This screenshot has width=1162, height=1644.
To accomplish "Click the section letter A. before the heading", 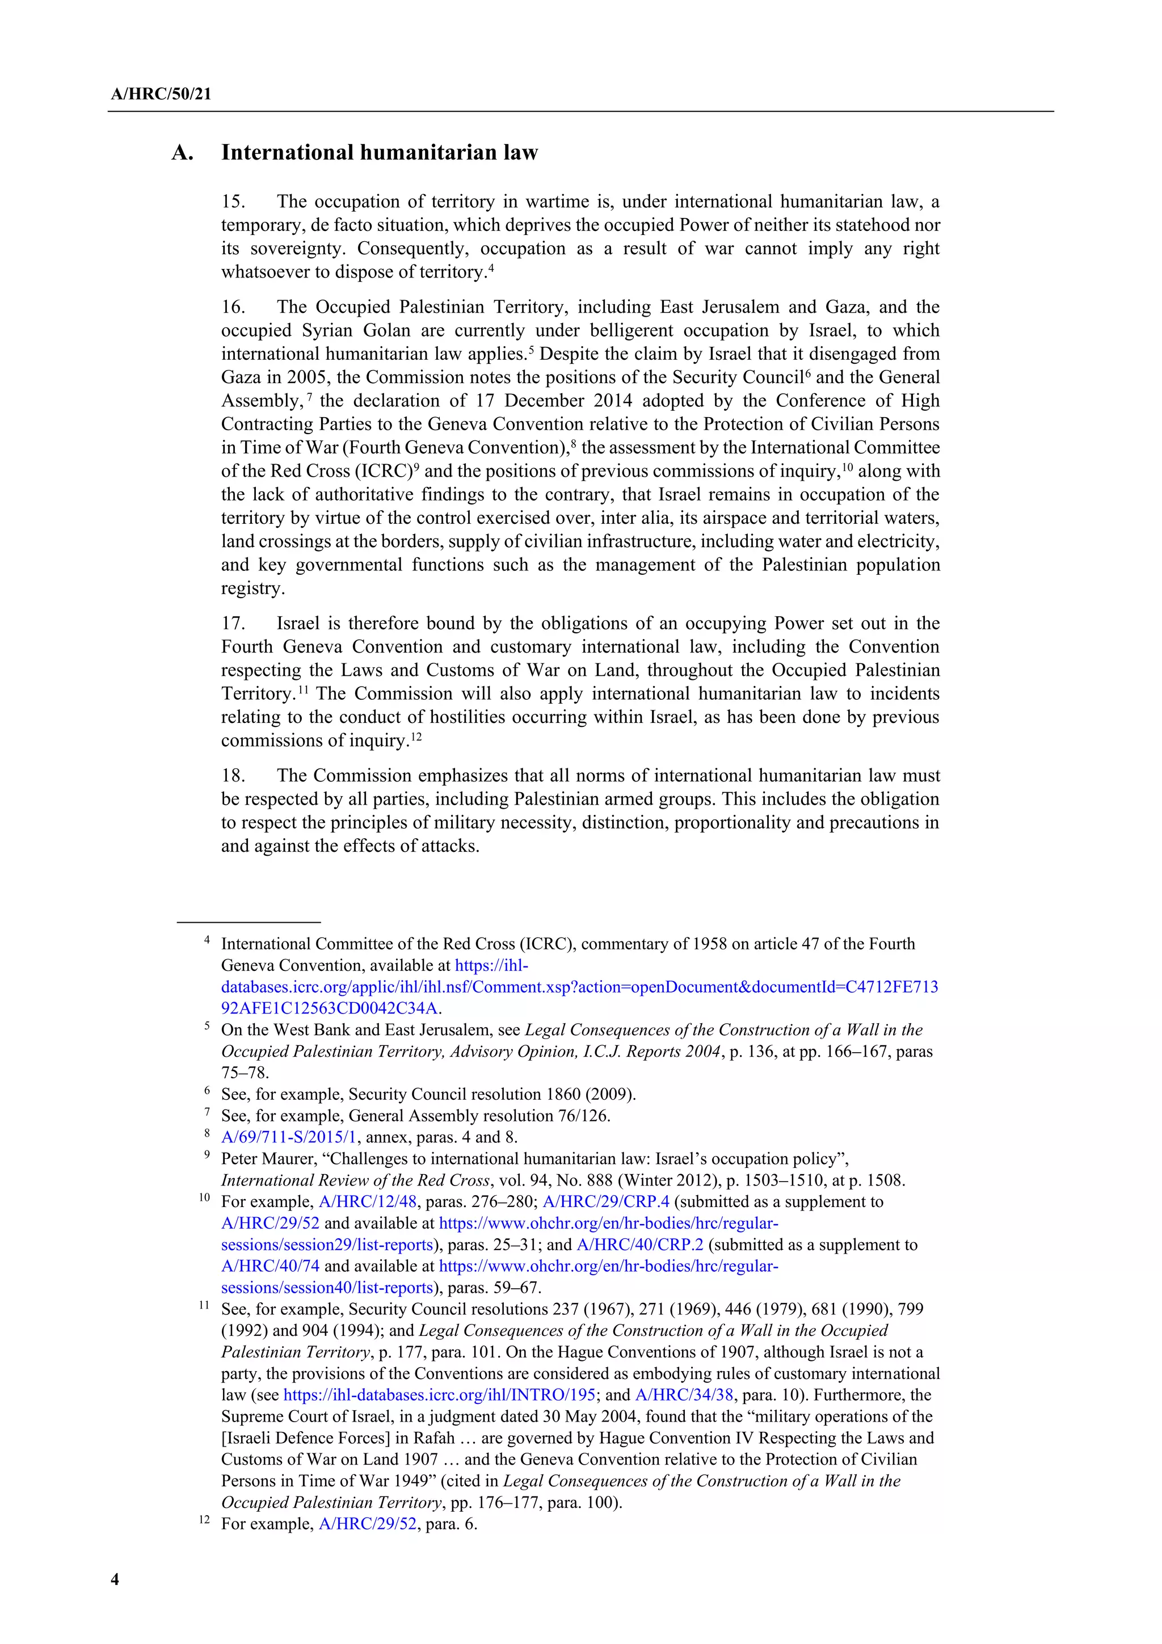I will [183, 153].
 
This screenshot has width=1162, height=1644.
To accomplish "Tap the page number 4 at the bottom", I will [115, 1579].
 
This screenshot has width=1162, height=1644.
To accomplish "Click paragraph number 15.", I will [233, 202].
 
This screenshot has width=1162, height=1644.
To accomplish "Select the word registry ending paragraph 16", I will [251, 588].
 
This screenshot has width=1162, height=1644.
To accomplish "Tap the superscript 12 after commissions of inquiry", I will [415, 736].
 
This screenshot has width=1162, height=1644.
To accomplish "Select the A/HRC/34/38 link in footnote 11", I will [684, 1395].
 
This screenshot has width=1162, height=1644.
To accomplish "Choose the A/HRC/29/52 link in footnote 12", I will [367, 1524].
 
